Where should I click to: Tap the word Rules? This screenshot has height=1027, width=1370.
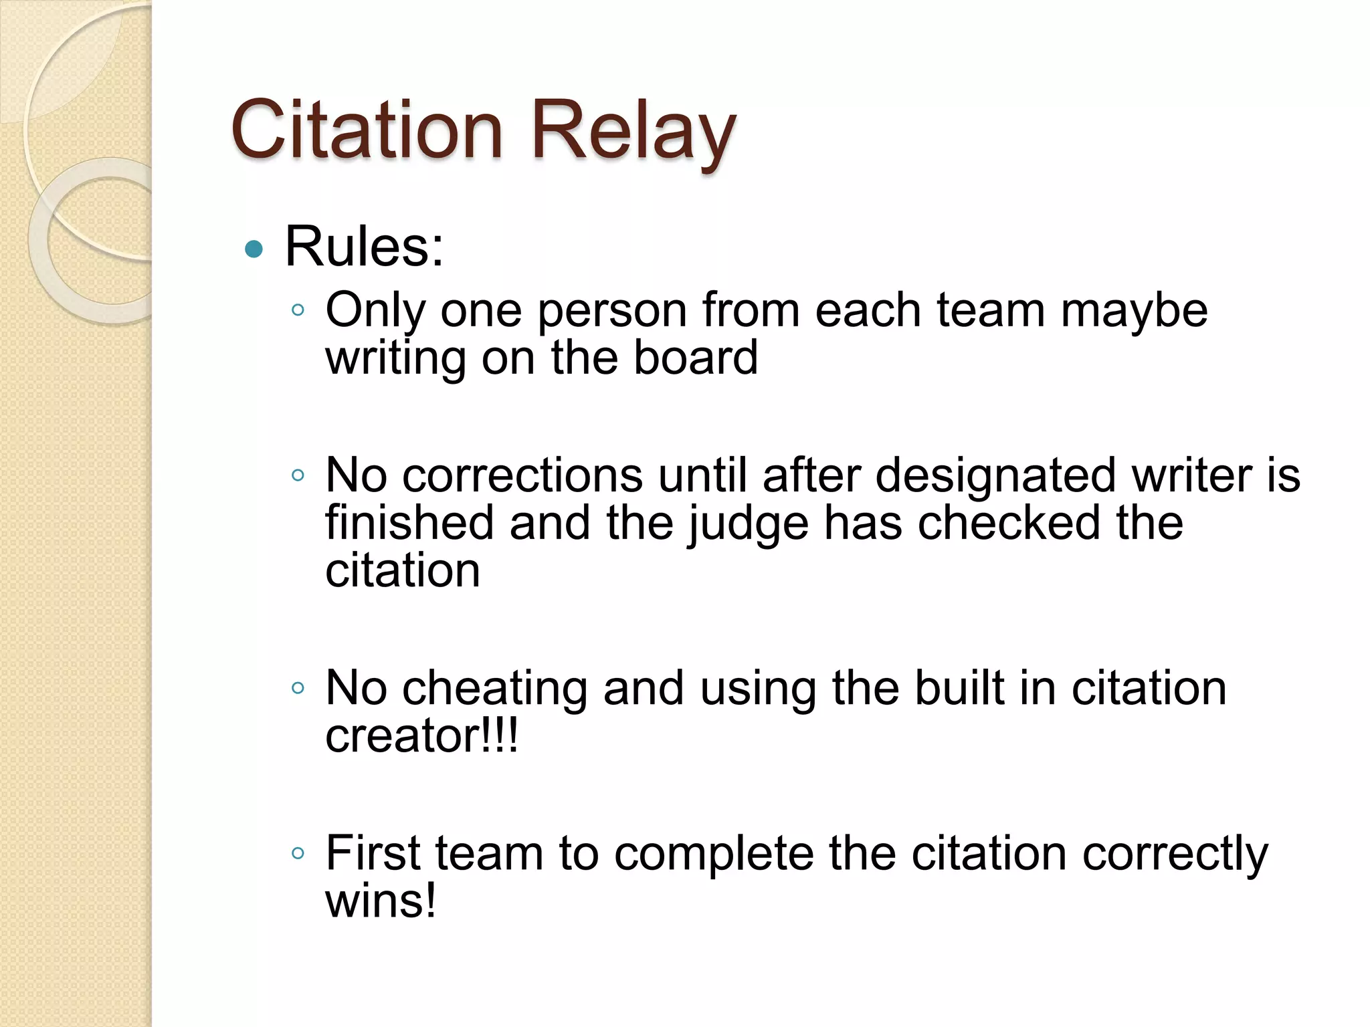point(364,247)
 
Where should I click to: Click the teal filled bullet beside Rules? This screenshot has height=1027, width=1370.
point(254,249)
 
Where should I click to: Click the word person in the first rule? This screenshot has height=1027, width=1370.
point(612,312)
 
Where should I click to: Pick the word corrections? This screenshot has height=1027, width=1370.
point(522,475)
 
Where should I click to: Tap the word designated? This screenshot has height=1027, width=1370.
point(995,475)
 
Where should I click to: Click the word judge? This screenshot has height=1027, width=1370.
point(748,525)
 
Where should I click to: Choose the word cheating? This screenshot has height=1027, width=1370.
point(494,689)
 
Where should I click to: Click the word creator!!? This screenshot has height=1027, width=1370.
point(421,736)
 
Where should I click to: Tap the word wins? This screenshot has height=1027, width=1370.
point(381,901)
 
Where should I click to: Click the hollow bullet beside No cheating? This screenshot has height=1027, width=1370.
point(298,687)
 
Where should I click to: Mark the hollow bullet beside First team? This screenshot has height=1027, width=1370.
point(298,853)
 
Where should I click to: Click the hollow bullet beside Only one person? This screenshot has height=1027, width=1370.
point(298,310)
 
